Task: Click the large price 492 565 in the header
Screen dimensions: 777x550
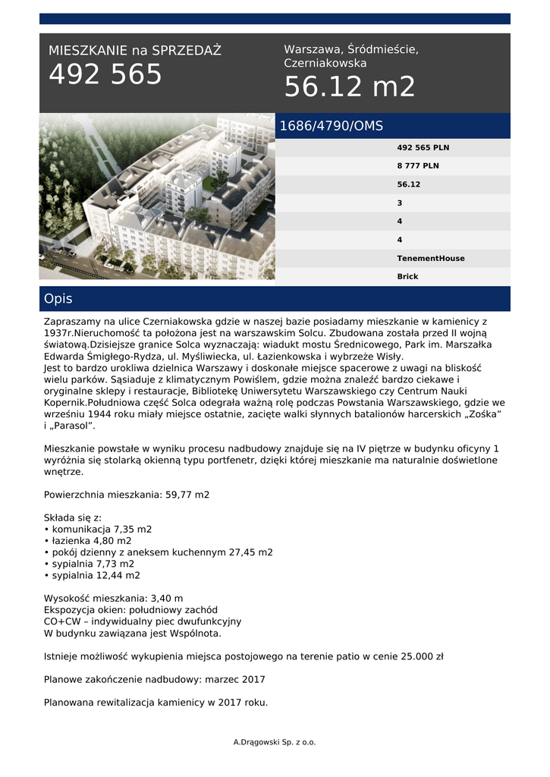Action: pos(105,74)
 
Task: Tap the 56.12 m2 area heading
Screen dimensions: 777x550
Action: pos(350,87)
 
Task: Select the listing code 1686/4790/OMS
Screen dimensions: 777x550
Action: pos(332,126)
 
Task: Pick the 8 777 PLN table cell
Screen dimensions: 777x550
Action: pos(418,166)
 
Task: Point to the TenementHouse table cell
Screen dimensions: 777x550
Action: pos(431,259)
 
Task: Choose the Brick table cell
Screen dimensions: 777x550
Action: pos(407,277)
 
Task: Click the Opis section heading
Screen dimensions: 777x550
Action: pos(58,299)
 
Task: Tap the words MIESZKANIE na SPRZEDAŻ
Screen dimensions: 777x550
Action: pos(135,51)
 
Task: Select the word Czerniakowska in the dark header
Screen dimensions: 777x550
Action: pos(325,64)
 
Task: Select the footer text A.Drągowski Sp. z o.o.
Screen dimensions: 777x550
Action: pos(275,742)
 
